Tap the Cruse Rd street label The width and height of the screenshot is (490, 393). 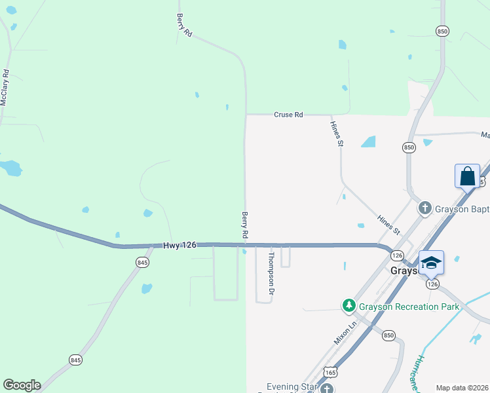(x=288, y=115)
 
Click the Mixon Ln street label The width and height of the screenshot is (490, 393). (x=343, y=332)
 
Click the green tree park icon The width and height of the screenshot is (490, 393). (x=349, y=305)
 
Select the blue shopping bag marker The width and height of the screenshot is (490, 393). (x=467, y=177)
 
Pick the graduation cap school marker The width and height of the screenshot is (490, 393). (x=431, y=263)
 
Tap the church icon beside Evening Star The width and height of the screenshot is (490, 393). (x=326, y=388)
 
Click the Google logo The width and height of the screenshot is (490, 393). (x=22, y=385)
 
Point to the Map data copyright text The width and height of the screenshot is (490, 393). (x=462, y=388)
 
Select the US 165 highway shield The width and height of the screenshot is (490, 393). (x=331, y=371)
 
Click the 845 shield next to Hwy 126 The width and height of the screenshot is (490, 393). (x=143, y=262)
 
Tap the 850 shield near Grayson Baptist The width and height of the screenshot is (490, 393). (x=409, y=148)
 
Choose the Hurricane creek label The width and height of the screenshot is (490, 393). (x=417, y=373)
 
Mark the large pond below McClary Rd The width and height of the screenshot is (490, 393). (x=11, y=168)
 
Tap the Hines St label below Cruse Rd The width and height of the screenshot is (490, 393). (x=337, y=133)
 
